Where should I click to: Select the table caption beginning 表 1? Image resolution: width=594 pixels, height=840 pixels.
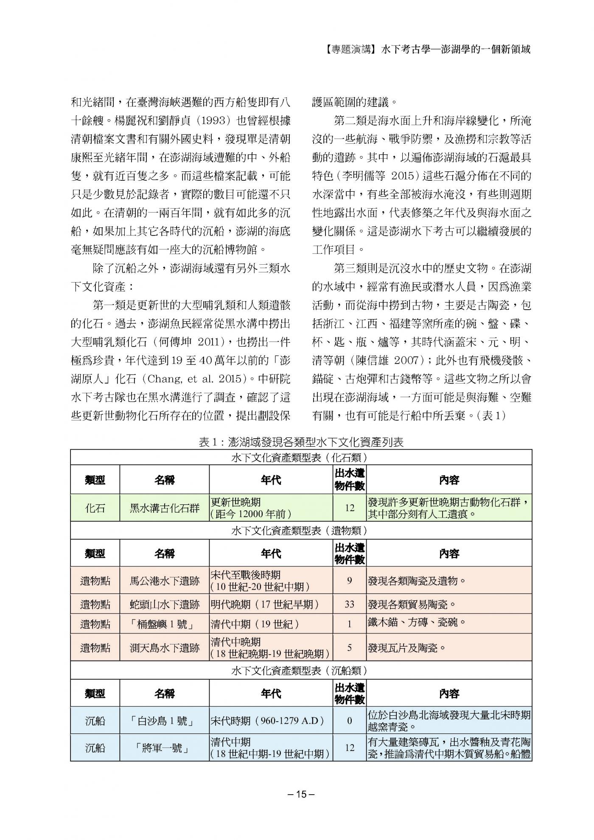pyautogui.click(x=301, y=442)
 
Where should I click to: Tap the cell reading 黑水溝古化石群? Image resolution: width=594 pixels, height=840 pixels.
pyautogui.click(x=164, y=508)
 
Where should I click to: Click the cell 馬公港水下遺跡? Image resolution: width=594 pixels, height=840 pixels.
pyautogui.click(x=164, y=580)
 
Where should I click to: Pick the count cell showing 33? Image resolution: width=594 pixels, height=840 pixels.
pyautogui.click(x=349, y=604)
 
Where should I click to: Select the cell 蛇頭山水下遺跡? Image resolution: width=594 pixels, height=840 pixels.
pyautogui.click(x=164, y=604)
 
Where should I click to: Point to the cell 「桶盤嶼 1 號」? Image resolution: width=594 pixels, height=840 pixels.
pyautogui.click(x=164, y=624)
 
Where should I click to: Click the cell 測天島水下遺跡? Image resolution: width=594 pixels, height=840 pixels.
pyautogui.click(x=164, y=648)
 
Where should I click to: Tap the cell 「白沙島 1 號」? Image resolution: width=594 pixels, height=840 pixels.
pyautogui.click(x=164, y=721)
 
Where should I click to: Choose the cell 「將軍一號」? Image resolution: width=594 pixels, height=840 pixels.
pyautogui.click(x=164, y=748)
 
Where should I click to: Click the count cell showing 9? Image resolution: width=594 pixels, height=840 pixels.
pyautogui.click(x=349, y=580)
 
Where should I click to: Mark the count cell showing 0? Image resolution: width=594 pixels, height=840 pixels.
pyautogui.click(x=349, y=721)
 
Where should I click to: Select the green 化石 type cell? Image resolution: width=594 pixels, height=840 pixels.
pyautogui.click(x=95, y=508)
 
